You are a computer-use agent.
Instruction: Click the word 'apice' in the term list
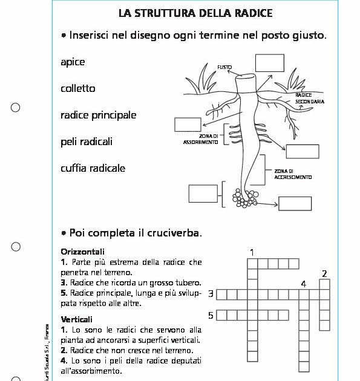(73, 62)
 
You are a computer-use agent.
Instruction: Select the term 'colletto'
(78, 89)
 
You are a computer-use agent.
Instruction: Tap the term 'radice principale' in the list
(98, 116)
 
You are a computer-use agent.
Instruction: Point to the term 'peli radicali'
(87, 142)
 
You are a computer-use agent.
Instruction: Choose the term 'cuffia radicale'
(93, 168)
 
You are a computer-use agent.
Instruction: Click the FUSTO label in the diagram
(224, 67)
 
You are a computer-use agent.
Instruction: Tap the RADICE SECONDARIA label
(309, 99)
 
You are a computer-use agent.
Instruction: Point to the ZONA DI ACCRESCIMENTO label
(293, 174)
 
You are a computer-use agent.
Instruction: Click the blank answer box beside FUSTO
(269, 63)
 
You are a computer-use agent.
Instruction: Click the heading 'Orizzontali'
(83, 251)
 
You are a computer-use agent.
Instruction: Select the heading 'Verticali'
(77, 319)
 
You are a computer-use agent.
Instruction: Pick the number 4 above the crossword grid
(303, 283)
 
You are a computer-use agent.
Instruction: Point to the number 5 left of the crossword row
(211, 315)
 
